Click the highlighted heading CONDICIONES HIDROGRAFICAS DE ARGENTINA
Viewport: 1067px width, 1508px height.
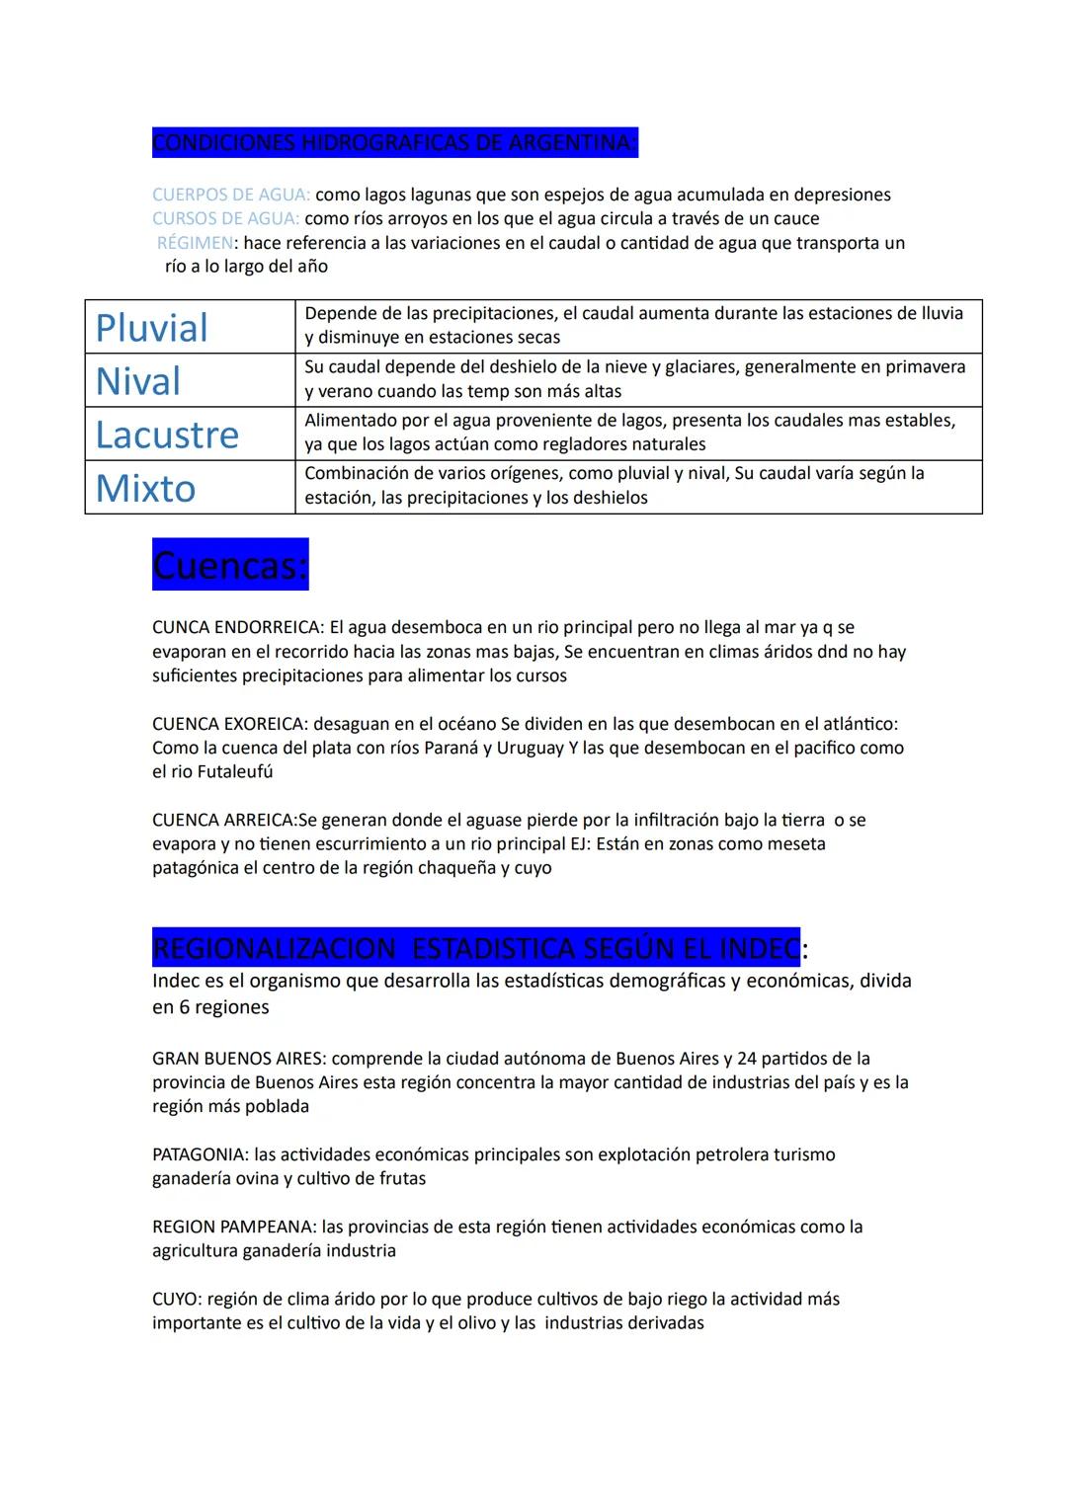tap(394, 143)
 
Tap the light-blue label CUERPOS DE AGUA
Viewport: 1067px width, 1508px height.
tap(230, 195)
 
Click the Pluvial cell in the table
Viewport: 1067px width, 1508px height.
tap(152, 328)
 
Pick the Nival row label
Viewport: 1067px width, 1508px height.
tap(138, 381)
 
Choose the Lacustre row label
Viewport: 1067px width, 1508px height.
tap(167, 435)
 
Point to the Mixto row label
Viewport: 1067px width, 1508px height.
tap(146, 488)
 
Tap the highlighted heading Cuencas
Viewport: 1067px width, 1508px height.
tap(230, 565)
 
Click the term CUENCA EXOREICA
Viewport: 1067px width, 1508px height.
tap(228, 724)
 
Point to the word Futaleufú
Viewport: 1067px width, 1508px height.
tap(234, 772)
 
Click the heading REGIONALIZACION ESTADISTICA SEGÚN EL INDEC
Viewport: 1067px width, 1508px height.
tap(475, 949)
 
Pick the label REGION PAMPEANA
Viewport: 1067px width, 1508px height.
tap(233, 1227)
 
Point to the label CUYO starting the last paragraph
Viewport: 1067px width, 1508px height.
tap(176, 1299)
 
